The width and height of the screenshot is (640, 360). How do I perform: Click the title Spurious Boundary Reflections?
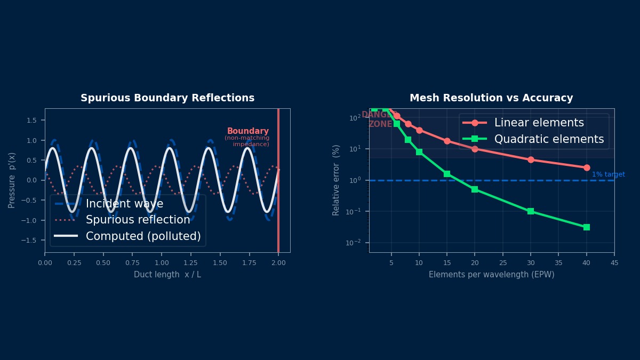(x=167, y=98)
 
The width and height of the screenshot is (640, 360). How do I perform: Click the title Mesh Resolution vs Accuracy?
(x=491, y=98)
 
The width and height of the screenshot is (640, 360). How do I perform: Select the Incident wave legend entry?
(x=124, y=204)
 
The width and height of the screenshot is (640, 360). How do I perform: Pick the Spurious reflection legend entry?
(x=138, y=220)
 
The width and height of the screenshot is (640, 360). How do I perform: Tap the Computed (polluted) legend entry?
(x=143, y=236)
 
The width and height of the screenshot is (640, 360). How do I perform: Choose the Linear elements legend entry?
(x=539, y=123)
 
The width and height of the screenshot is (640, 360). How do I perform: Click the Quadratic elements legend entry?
(x=549, y=139)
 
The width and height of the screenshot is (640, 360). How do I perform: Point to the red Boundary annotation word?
(x=248, y=131)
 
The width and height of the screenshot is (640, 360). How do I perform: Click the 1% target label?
(x=608, y=174)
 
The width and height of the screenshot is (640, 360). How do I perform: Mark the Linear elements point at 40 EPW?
(x=587, y=167)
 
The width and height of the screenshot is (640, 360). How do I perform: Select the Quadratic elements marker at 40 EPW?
(x=587, y=227)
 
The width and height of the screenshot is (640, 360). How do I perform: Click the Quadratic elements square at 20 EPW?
(x=475, y=189)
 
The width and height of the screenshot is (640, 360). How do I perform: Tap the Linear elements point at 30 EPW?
(x=531, y=159)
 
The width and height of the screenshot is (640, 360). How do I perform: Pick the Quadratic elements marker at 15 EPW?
(x=447, y=174)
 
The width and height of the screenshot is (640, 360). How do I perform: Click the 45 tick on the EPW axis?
(x=614, y=262)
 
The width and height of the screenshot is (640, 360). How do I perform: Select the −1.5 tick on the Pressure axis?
(x=33, y=241)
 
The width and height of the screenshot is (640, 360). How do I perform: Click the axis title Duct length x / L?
(x=167, y=275)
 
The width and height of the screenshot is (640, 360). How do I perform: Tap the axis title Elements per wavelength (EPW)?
(x=491, y=275)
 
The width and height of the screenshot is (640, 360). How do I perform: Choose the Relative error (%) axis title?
(x=336, y=180)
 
